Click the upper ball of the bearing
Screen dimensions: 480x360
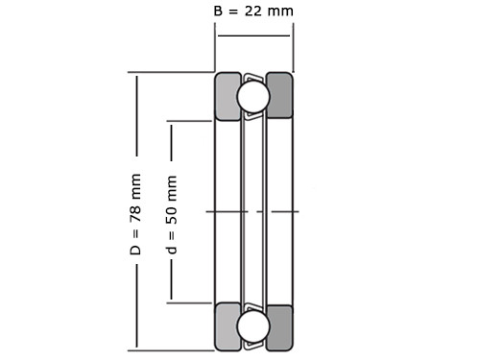click(253, 96)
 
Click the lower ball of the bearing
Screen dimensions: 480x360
click(253, 326)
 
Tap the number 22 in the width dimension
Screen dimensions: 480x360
click(253, 12)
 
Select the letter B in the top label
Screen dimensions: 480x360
click(218, 12)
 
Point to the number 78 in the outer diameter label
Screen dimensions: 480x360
click(135, 214)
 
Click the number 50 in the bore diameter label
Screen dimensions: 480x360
click(171, 216)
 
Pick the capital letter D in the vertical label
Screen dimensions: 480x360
click(135, 251)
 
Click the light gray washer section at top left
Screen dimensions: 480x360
click(227, 96)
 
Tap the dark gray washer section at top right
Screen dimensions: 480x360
click(280, 95)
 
